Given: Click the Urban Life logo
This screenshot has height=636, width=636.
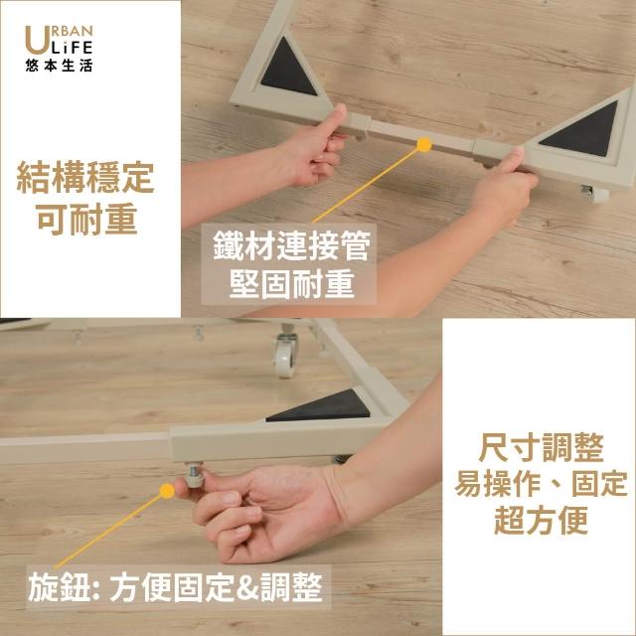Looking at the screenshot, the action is click(59, 48).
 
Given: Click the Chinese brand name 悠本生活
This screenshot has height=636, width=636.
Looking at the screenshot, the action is click(59, 66).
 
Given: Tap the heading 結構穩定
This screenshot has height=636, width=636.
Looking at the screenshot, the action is click(85, 178).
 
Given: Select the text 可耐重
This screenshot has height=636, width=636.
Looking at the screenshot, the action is click(86, 219).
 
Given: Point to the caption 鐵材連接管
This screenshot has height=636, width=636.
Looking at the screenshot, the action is click(291, 246).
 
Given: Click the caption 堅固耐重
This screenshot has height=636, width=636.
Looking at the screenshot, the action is click(291, 283).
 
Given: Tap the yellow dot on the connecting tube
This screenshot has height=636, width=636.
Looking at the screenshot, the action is click(424, 145).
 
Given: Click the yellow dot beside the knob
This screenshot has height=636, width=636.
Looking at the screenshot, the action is click(167, 491).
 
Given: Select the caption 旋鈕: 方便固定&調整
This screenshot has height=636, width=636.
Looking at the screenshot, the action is click(175, 587).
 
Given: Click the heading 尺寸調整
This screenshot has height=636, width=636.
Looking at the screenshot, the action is click(541, 447).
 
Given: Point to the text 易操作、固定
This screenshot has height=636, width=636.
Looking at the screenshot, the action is click(541, 484).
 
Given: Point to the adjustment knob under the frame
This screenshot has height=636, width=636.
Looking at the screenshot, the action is click(195, 476).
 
